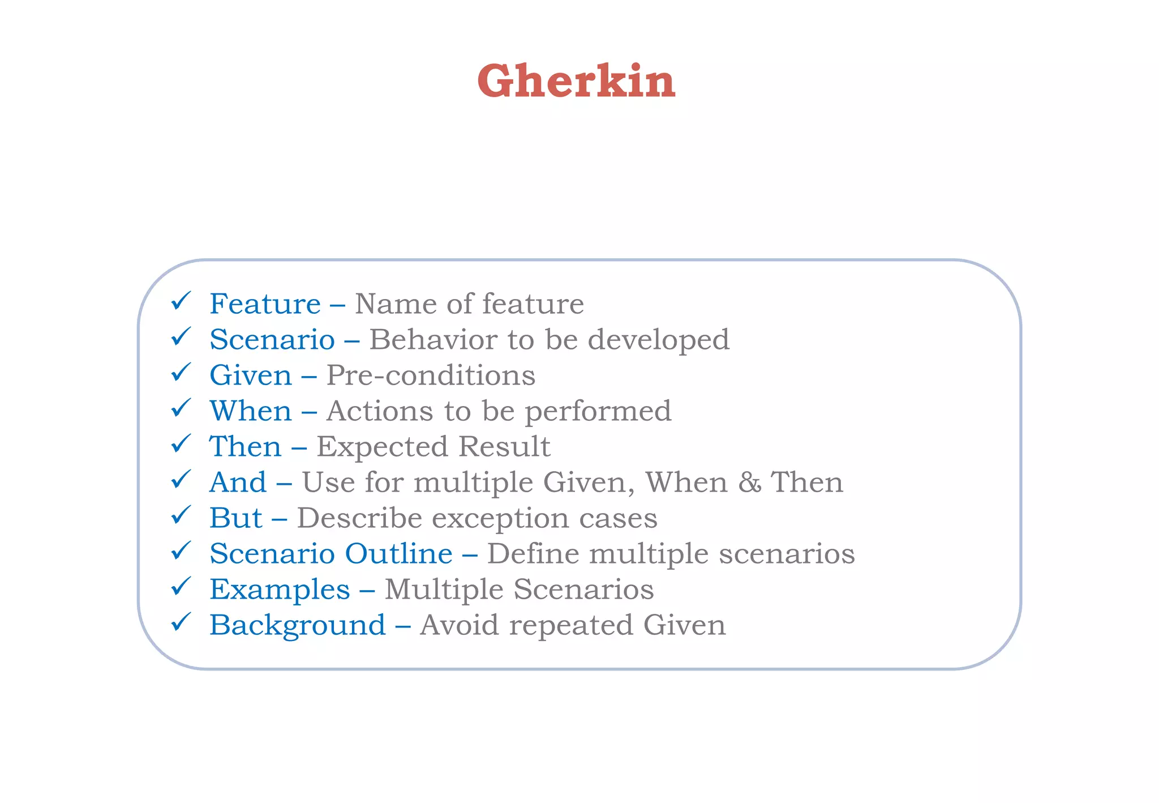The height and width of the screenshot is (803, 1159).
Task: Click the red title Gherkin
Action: (x=576, y=81)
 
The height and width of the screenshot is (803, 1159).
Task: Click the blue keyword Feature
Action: (x=265, y=304)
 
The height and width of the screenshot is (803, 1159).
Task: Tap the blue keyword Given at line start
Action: (x=250, y=375)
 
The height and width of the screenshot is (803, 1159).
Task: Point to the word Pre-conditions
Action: (x=431, y=375)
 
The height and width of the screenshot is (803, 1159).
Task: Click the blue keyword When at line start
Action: (x=251, y=411)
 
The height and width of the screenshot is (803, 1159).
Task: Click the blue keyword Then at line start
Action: (x=245, y=447)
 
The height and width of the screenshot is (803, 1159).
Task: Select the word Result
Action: (x=504, y=447)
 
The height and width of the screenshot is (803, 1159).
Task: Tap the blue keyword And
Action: (x=238, y=482)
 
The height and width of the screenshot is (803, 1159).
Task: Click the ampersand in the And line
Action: (x=749, y=482)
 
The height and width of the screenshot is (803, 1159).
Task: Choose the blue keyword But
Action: (x=235, y=518)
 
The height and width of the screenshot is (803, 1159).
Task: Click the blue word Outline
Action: (x=398, y=554)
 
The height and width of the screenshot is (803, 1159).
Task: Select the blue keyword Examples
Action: (x=280, y=590)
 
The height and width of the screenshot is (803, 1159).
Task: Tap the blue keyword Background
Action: (x=297, y=626)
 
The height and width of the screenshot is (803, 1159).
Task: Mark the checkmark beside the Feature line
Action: (x=181, y=301)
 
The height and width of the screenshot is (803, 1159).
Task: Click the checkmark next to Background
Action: (x=181, y=622)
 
